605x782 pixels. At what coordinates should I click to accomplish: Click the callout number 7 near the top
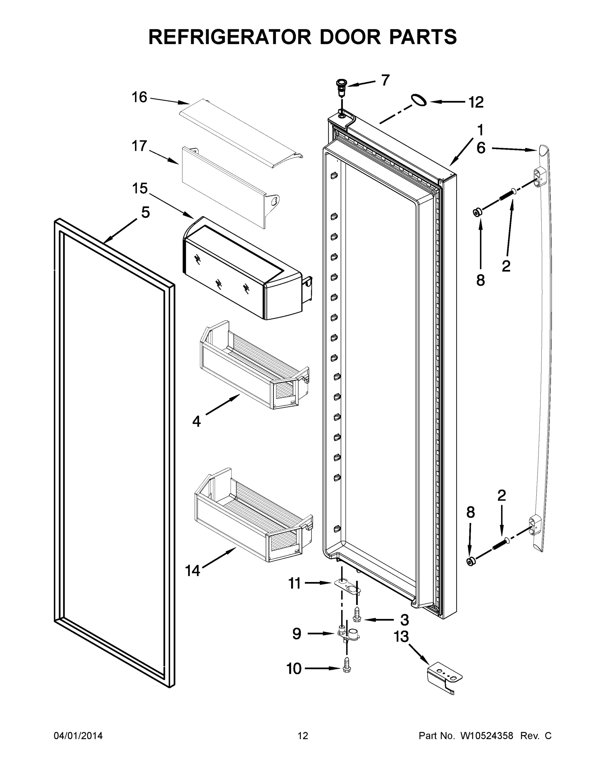coord(385,80)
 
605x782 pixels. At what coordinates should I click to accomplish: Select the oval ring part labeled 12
coord(419,100)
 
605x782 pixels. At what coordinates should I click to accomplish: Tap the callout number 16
coord(139,97)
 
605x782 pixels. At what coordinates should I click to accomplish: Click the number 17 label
coord(139,146)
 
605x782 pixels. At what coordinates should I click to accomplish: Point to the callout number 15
coord(140,188)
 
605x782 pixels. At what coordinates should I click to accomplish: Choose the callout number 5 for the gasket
coord(145,213)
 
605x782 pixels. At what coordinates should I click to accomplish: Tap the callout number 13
coord(401,637)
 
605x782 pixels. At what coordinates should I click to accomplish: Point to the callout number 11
coord(295,583)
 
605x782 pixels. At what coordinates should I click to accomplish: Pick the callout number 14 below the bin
coord(192,571)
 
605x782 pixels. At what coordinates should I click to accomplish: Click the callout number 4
coord(196,421)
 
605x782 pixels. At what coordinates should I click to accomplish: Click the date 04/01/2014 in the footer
coord(78,735)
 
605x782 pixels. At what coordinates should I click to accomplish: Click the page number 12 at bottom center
coord(303,735)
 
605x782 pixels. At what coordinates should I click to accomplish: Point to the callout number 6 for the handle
coord(481,148)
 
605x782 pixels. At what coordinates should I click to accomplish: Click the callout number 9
coord(297,633)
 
